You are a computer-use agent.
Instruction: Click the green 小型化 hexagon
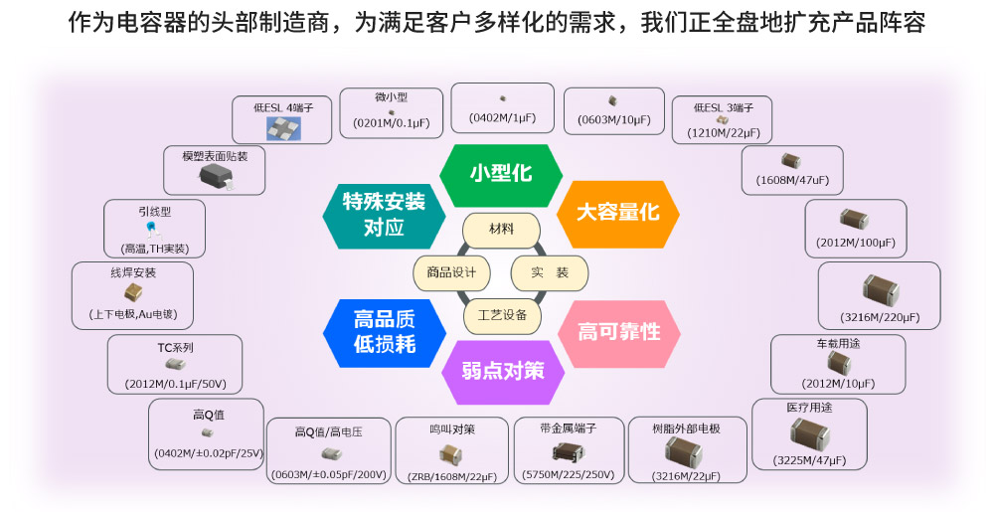501,173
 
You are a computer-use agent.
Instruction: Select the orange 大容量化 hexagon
618,212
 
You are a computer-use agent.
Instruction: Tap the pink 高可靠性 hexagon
619,332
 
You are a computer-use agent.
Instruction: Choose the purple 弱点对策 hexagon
503,371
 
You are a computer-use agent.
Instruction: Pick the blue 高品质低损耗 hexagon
385,332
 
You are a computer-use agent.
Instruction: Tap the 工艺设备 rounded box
502,315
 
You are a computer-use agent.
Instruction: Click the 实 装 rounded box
550,272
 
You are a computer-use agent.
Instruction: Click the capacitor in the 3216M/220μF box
880,289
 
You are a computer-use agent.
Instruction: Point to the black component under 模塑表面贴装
217,176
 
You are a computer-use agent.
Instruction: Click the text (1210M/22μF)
724,132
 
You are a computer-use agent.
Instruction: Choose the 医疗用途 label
809,408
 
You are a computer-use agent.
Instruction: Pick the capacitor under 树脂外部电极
686,453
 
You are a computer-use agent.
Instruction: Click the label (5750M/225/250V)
568,475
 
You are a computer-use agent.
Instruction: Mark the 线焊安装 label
133,272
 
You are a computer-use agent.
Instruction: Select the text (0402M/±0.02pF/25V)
207,453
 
